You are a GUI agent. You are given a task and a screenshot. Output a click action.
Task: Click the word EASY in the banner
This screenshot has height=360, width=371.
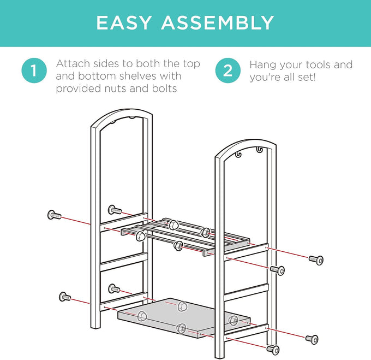pyautogui.click(x=123, y=23)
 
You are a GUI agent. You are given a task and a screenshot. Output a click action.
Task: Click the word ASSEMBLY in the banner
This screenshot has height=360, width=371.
pyautogui.click(x=218, y=23)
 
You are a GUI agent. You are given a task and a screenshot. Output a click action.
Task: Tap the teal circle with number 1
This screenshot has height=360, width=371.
pyautogui.click(x=34, y=70)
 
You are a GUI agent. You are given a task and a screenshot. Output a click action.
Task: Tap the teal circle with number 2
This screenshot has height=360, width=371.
pyautogui.click(x=228, y=70)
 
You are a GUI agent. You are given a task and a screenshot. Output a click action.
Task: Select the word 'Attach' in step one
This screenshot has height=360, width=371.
pyautogui.click(x=73, y=63)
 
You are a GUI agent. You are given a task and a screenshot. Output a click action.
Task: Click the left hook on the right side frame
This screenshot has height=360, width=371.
pyautogui.click(x=238, y=155)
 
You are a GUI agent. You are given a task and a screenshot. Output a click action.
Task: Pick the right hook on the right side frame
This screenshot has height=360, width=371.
pyautogui.click(x=260, y=150)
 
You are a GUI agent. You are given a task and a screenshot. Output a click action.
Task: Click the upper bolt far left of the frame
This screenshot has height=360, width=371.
pyautogui.click(x=54, y=215)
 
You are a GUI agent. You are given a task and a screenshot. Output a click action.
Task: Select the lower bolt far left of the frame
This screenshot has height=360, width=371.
pyautogui.click(x=64, y=297)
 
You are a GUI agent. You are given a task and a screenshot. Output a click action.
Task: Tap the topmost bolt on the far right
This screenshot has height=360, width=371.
pyautogui.click(x=316, y=260)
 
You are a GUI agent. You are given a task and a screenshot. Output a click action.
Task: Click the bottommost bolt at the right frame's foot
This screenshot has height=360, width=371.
pyautogui.click(x=273, y=350)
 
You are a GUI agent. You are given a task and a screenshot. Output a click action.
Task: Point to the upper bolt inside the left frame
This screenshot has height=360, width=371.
pyautogui.click(x=115, y=210)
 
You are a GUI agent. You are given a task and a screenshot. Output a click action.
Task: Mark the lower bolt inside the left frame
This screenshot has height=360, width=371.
pyautogui.click(x=114, y=288)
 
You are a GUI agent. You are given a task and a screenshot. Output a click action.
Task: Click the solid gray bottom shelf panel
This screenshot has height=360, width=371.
pyautogui.click(x=184, y=317)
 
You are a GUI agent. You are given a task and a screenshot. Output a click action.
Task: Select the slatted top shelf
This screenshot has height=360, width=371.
pyautogui.click(x=185, y=237)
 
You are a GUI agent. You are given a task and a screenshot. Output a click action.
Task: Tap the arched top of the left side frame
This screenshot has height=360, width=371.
pyautogui.click(x=121, y=116)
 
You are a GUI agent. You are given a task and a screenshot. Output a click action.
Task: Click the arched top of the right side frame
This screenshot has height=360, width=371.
pyautogui.click(x=246, y=146)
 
